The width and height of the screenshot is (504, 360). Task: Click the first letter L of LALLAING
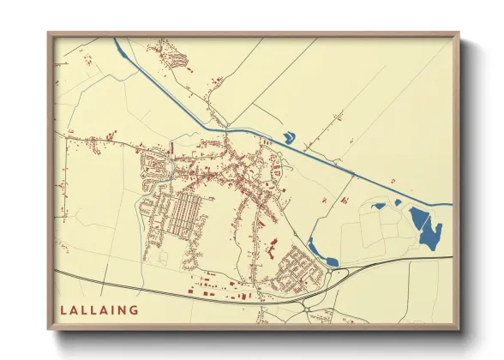[64, 309]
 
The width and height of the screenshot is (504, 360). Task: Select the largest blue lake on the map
[426, 226]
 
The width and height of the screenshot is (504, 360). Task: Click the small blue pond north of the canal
[289, 136]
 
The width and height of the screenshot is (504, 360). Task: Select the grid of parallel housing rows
[180, 215]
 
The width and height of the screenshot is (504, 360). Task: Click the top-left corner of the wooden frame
[49, 33]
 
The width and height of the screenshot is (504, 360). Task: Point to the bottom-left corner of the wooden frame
[49, 329]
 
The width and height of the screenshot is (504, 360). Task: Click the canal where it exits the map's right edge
[449, 205]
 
